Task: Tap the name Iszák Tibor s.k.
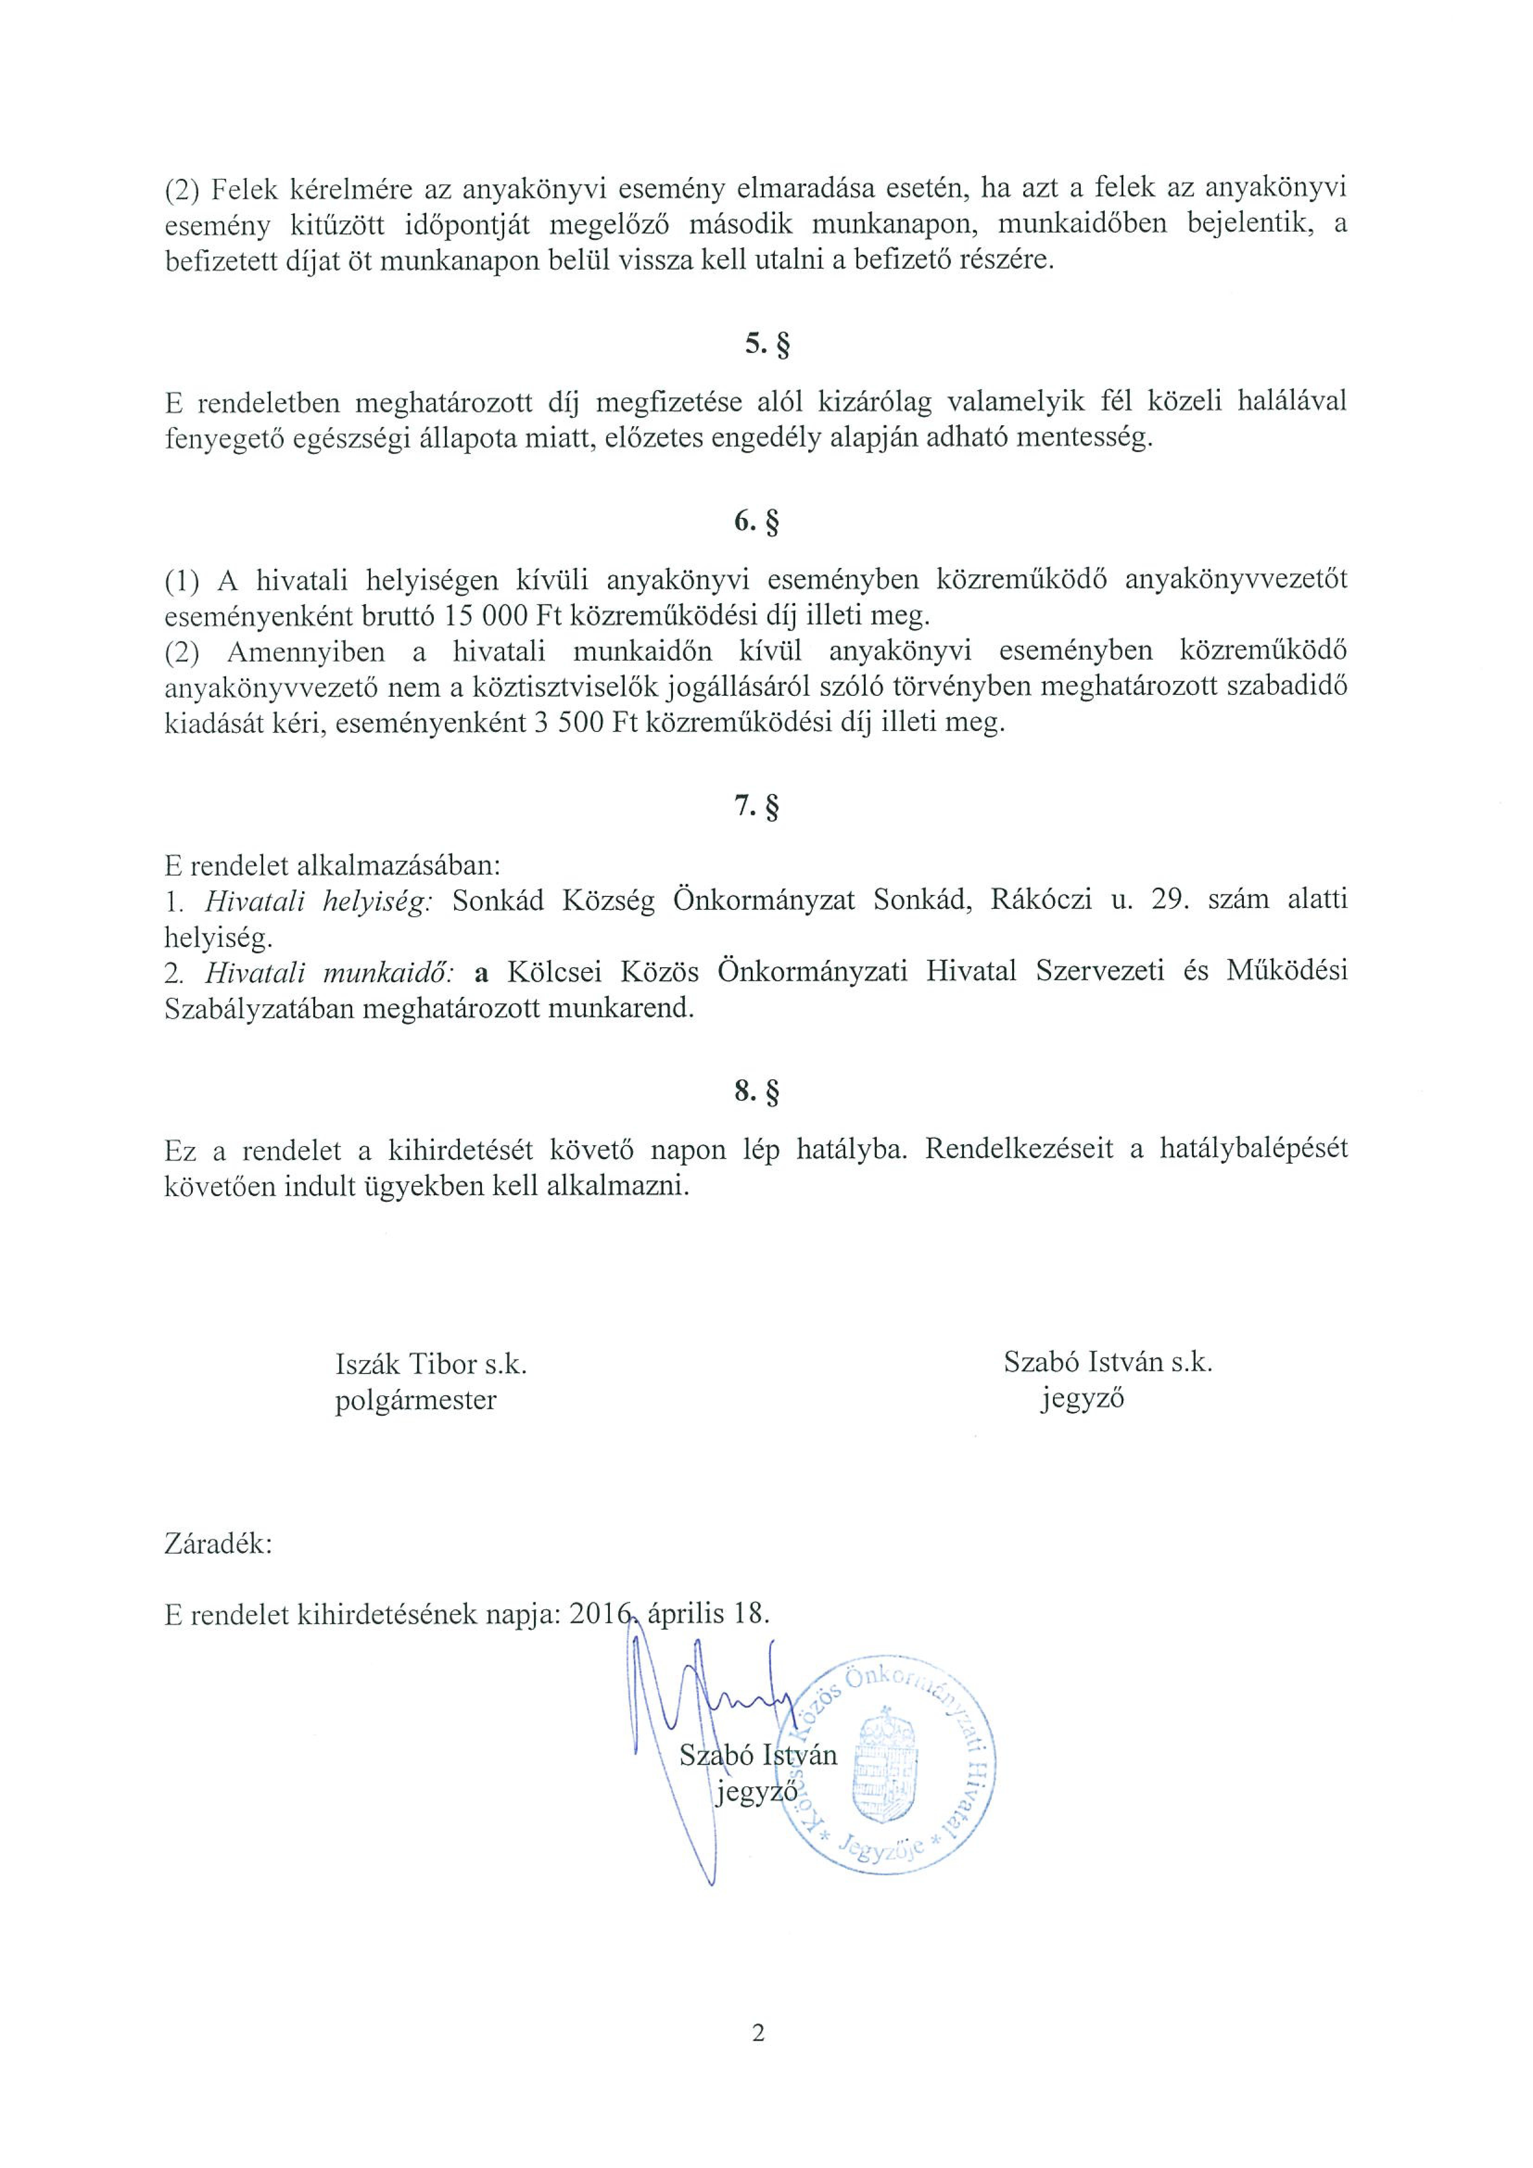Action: (x=431, y=1364)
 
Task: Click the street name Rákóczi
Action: (x=1041, y=901)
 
